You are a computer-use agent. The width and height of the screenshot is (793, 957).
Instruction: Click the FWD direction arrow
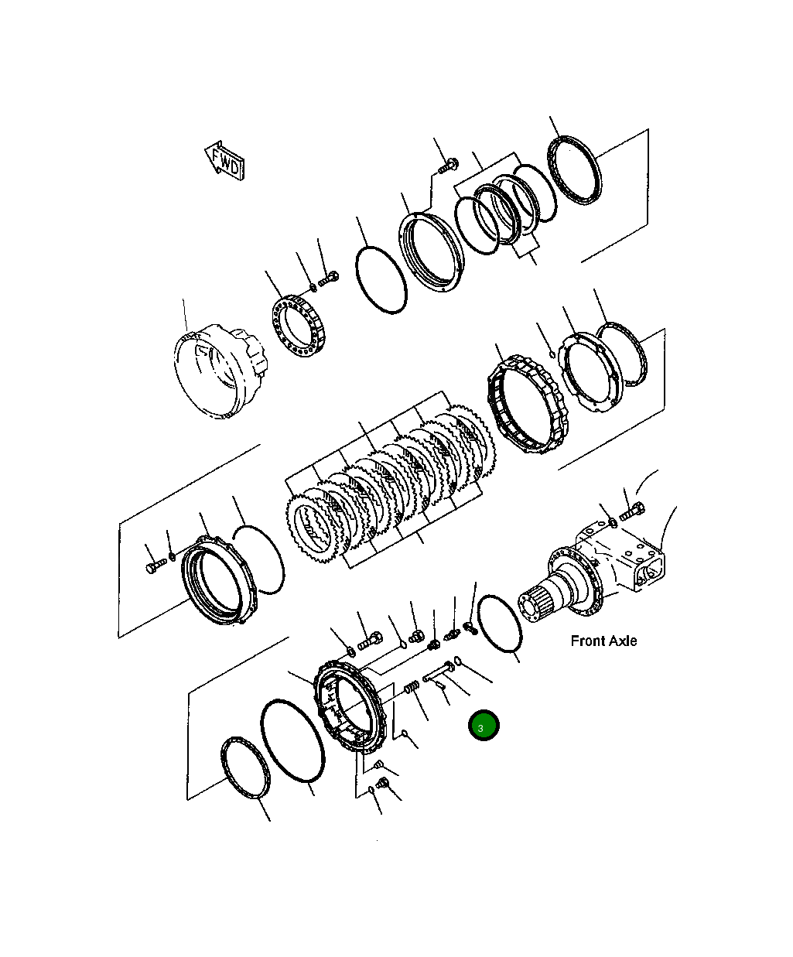(x=225, y=160)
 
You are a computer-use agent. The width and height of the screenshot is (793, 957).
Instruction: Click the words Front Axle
(x=603, y=641)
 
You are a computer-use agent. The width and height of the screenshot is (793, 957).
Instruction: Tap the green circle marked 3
(x=484, y=726)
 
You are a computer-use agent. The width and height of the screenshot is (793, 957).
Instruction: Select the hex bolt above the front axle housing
(x=633, y=511)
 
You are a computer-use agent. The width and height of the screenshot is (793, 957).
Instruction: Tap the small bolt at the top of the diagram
(x=448, y=164)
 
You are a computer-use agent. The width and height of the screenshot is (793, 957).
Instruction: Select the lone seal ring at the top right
(x=573, y=171)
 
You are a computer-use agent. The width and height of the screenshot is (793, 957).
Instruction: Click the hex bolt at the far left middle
(x=152, y=567)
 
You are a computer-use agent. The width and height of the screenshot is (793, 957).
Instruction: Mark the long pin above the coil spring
(x=439, y=673)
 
